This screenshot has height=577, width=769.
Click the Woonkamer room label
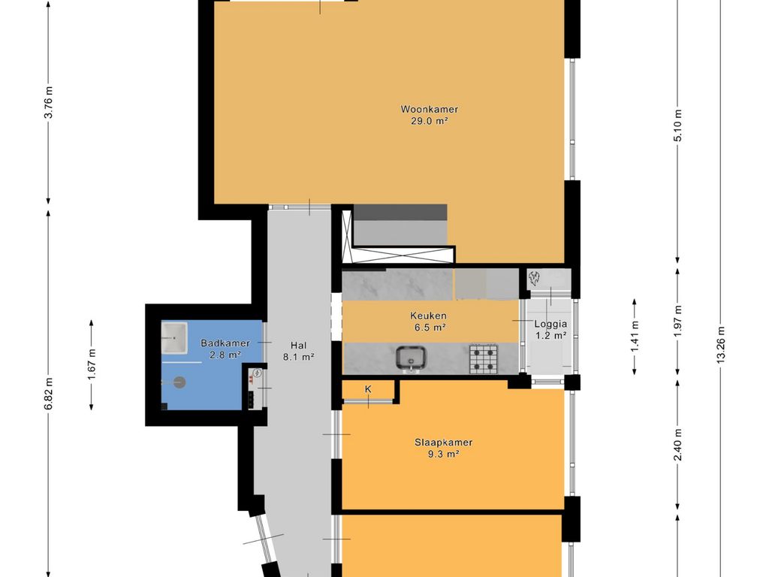click(429, 110)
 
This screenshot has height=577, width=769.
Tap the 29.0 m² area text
click(429, 121)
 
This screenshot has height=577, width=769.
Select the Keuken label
click(429, 316)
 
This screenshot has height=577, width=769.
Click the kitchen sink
click(411, 358)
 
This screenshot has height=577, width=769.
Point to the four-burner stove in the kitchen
click(483, 358)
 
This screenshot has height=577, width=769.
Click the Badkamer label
click(225, 343)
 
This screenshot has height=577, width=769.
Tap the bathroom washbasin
click(174, 337)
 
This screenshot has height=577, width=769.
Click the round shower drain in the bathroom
click(179, 382)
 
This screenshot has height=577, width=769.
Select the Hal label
click(298, 346)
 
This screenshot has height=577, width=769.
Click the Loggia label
click(550, 324)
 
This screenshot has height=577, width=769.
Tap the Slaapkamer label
click(443, 442)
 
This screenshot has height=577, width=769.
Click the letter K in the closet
click(368, 389)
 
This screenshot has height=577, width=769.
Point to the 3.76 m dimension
click(48, 102)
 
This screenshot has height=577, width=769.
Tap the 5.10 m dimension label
click(677, 125)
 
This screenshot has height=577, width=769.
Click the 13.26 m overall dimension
click(720, 344)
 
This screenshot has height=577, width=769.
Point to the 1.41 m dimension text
click(635, 337)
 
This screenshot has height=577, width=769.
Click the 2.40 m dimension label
click(677, 445)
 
